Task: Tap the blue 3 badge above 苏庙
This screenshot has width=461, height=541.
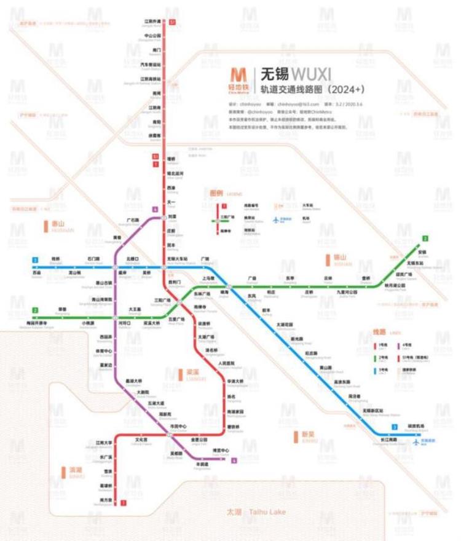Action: pyautogui.click(x=36, y=260)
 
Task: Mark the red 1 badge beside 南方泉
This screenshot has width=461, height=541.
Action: pyautogui.click(x=124, y=503)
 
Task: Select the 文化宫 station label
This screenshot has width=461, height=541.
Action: pyautogui.click(x=141, y=440)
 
